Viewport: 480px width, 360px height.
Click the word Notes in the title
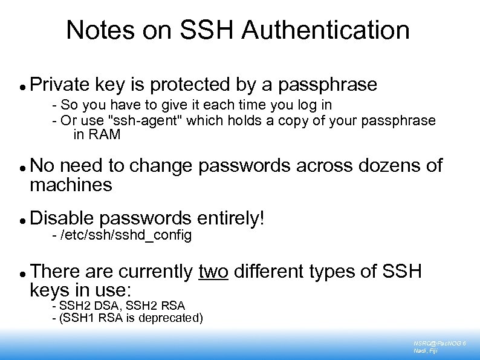point(94,30)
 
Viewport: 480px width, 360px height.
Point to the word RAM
point(106,134)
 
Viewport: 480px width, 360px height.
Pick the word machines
point(71,185)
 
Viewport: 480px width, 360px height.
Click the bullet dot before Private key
point(22,86)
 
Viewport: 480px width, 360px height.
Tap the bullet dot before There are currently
point(22,273)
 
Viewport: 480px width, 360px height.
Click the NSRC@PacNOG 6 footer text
point(439,343)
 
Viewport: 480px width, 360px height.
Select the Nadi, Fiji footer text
point(426,351)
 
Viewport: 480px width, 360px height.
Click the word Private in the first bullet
point(59,84)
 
